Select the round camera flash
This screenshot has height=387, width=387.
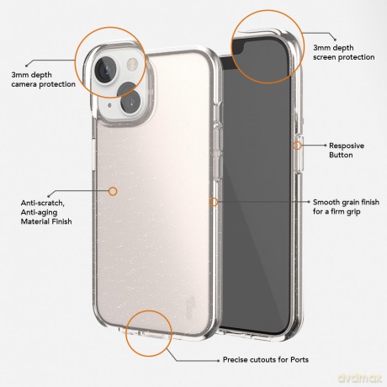[132, 65]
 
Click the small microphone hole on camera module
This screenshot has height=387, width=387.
[109, 105]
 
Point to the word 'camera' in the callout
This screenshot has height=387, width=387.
[24, 84]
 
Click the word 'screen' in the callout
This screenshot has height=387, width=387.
[326, 57]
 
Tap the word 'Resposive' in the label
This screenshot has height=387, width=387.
[347, 146]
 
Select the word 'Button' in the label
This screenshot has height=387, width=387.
[341, 155]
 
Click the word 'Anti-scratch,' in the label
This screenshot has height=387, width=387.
[43, 203]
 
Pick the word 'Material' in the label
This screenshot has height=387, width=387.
[34, 221]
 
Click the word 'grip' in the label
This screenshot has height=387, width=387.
[353, 212]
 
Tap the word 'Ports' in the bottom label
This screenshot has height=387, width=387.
[300, 359]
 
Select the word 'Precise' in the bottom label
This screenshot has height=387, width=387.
[235, 359]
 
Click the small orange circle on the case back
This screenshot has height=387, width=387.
[113, 191]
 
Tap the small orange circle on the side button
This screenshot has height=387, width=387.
[297, 146]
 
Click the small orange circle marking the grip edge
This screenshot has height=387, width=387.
[214, 202]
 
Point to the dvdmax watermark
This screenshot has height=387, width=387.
[359, 379]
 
